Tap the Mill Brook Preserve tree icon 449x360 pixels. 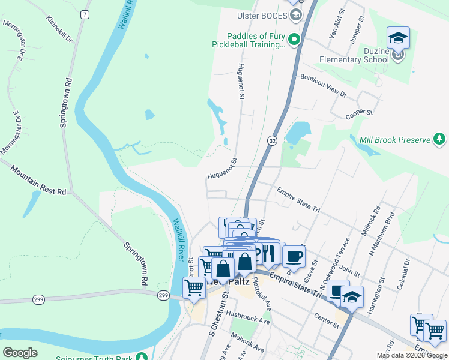pos(440,140)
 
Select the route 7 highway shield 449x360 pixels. pos(86,14)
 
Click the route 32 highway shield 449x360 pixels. pos(272,140)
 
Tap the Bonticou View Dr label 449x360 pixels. pos(324,86)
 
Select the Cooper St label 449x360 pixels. pos(360,113)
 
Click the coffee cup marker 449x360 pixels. pos(294,257)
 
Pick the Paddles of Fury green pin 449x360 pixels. pos(294,40)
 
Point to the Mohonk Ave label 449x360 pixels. pos(247,341)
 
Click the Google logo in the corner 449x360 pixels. pos(20,353)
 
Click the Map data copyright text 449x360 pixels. pos(412,355)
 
